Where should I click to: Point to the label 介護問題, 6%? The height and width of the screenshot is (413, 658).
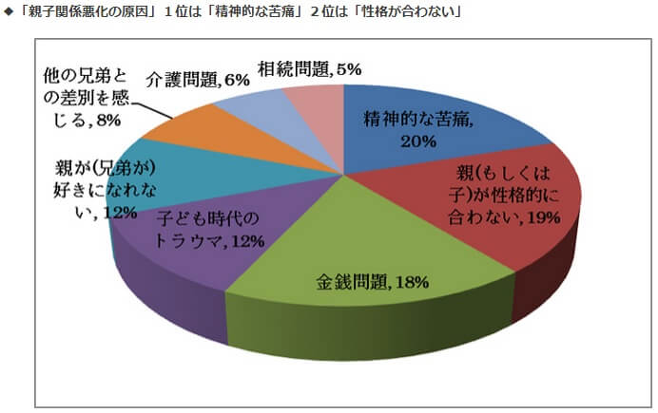coord(198,81)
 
